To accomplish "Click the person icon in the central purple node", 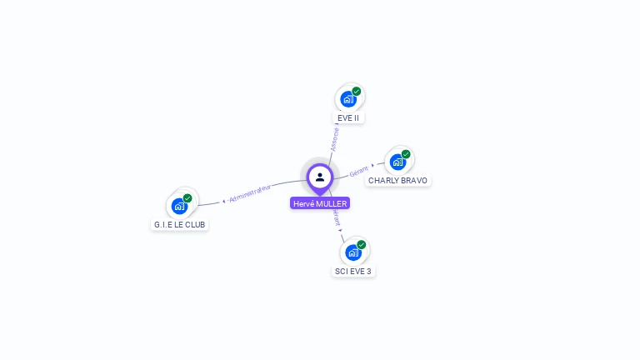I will tap(320, 177).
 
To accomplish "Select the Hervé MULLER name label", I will tap(320, 203).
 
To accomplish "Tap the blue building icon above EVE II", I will tap(348, 99).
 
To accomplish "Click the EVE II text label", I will tap(348, 118).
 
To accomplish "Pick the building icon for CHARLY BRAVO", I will tap(397, 162).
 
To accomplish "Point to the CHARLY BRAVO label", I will tap(397, 181).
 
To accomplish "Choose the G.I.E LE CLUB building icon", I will tap(179, 206).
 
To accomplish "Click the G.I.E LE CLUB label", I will tap(179, 225).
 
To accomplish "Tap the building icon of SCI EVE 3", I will tap(353, 252).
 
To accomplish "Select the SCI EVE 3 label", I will tap(353, 272).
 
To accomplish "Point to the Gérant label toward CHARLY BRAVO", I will tap(359, 170).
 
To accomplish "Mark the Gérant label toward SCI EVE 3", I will tap(337, 217).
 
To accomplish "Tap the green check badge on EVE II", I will tap(357, 91).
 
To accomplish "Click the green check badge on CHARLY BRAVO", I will tap(406, 153).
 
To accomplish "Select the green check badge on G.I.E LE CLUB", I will tap(187, 198).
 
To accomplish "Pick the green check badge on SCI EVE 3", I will tap(362, 244).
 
